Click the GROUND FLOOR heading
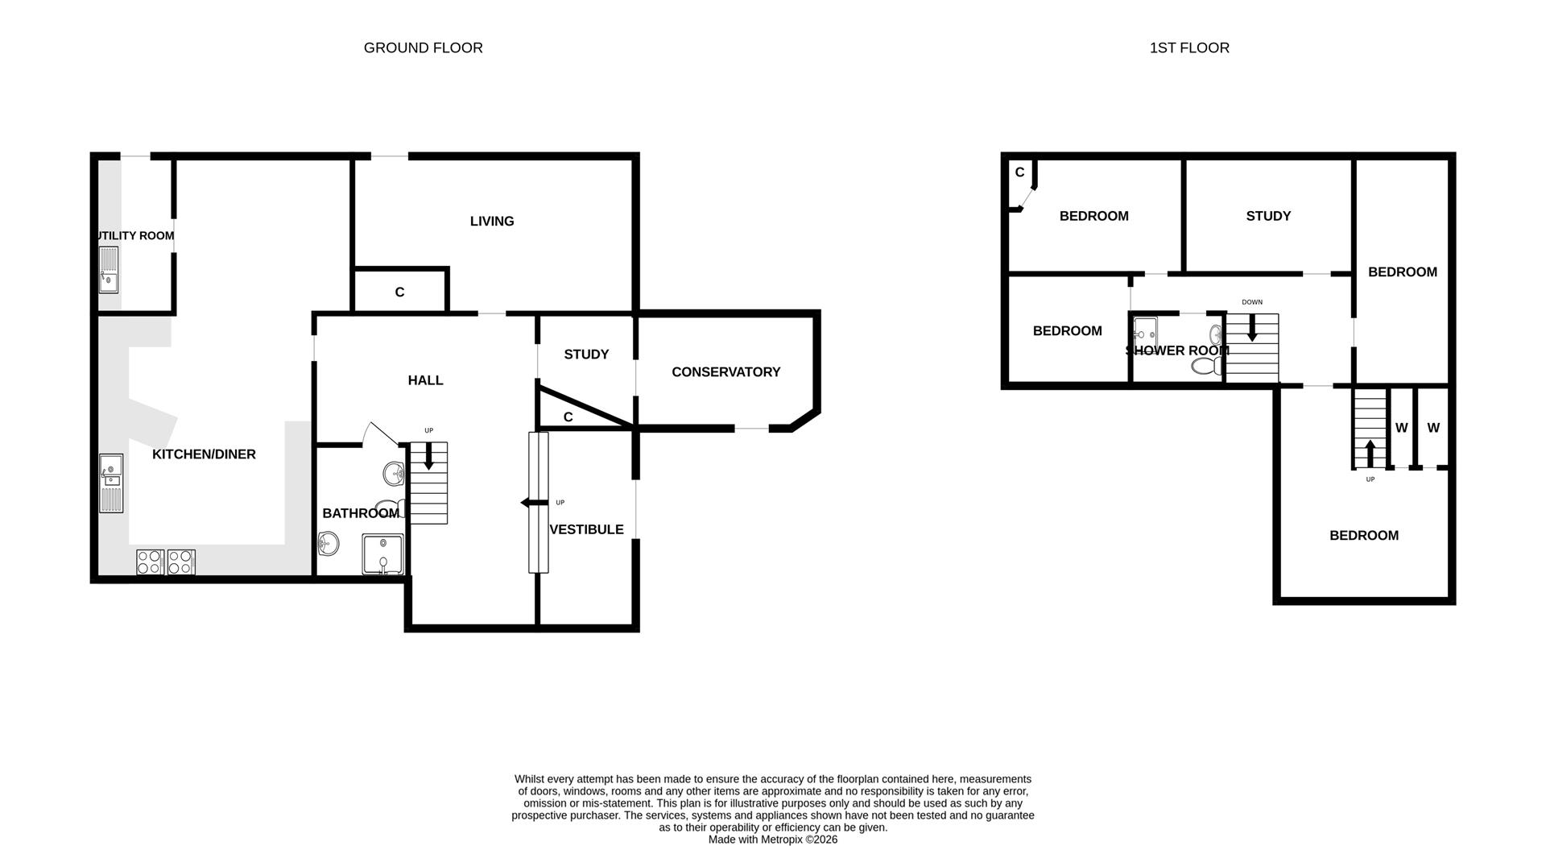tap(423, 48)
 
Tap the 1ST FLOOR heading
tap(1188, 48)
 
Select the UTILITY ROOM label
tap(134, 236)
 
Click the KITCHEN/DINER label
tap(204, 454)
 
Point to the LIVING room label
tap(492, 221)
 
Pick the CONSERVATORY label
tap(725, 371)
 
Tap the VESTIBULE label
tap(586, 529)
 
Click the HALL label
tap(425, 380)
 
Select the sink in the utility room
tap(109, 270)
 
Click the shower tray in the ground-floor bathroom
tap(382, 554)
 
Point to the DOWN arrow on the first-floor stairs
tap(1251, 326)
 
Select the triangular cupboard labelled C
tap(568, 417)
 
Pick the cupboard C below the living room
tap(399, 292)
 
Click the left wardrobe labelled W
tap(1401, 428)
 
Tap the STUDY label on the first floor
tap(1268, 216)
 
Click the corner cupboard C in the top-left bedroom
tap(1019, 172)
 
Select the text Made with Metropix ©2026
tap(772, 840)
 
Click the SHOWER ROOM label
tap(1176, 350)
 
